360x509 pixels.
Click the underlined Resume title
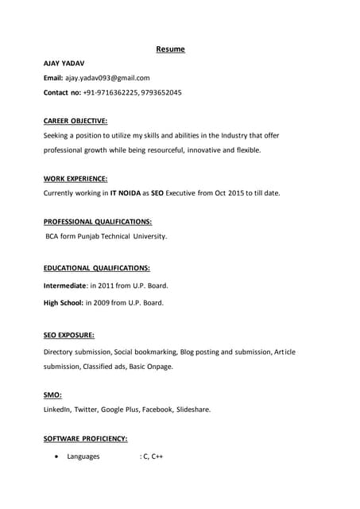pos(170,49)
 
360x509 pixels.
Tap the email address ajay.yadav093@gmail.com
pos(107,78)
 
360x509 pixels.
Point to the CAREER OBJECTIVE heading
pos(75,121)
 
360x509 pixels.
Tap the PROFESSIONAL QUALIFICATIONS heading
pos(98,222)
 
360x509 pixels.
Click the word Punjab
pos(99,236)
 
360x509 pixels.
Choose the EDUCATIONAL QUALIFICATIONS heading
pos(97,269)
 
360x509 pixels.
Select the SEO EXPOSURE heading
pos(69,336)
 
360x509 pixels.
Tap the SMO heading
pos(52,394)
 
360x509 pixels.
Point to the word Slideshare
pos(193,410)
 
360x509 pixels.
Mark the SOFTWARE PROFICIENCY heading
pos(85,438)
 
